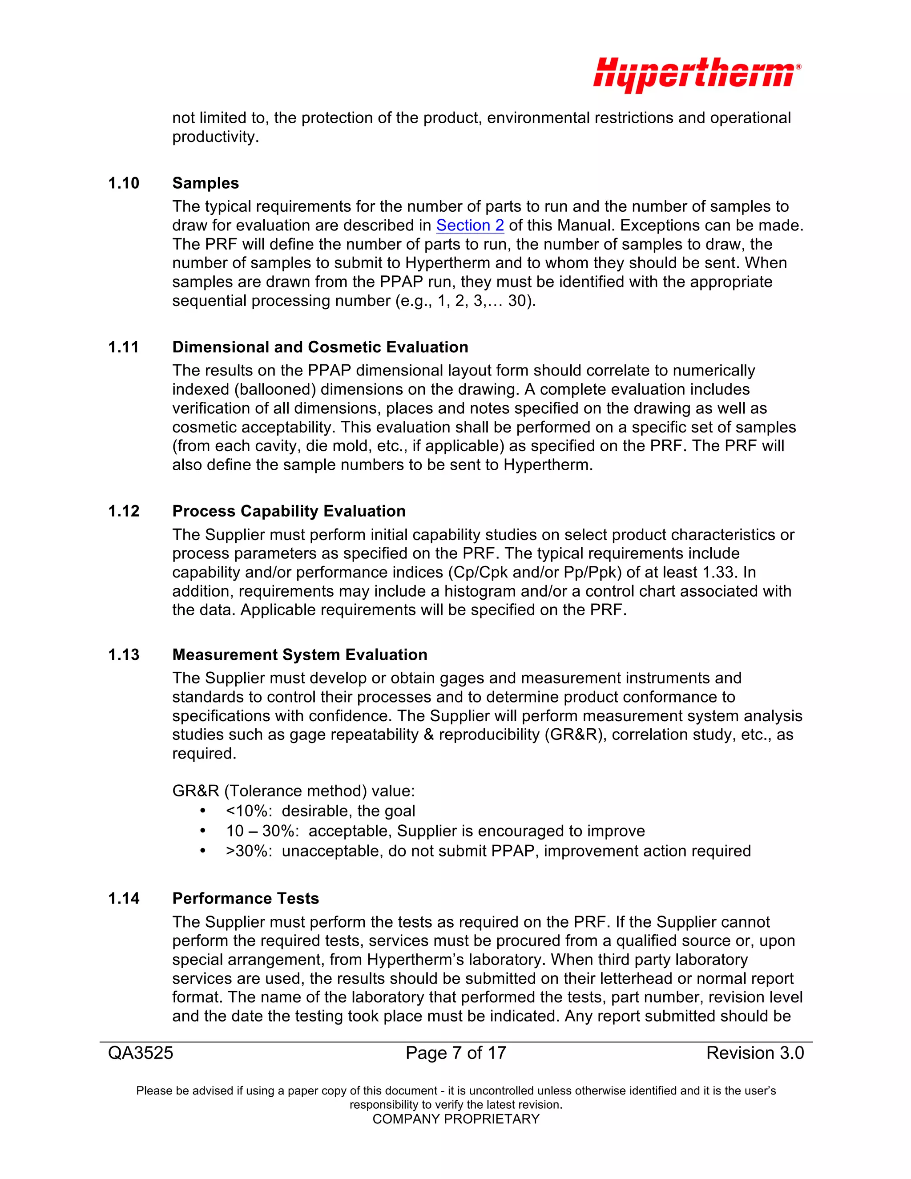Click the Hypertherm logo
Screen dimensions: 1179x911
tap(696, 75)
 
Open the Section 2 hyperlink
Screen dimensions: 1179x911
tap(470, 225)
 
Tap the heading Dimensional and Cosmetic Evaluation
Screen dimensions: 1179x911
tap(320, 347)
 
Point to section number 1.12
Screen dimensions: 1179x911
tap(124, 511)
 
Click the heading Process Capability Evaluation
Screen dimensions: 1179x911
tap(289, 511)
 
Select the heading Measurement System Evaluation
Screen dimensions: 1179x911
tap(299, 655)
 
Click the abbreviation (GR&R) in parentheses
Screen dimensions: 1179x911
tap(572, 735)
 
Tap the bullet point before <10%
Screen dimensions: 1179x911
tap(203, 811)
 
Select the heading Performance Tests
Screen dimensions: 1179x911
tap(245, 898)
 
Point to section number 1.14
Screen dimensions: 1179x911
tap(124, 898)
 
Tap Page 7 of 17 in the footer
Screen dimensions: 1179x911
tap(455, 1053)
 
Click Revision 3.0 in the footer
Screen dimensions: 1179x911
tap(754, 1053)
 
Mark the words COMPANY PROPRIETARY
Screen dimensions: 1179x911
tap(455, 1119)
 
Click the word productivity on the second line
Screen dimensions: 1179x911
tap(215, 137)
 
